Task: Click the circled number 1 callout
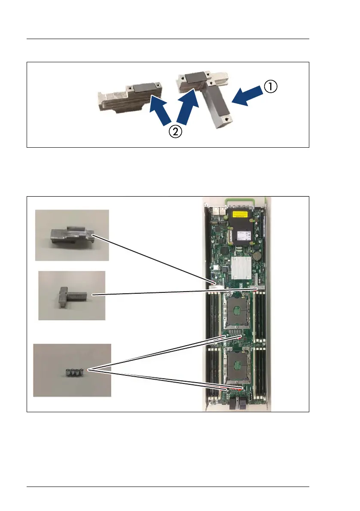click(x=270, y=88)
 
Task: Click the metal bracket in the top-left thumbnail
click(x=71, y=235)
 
